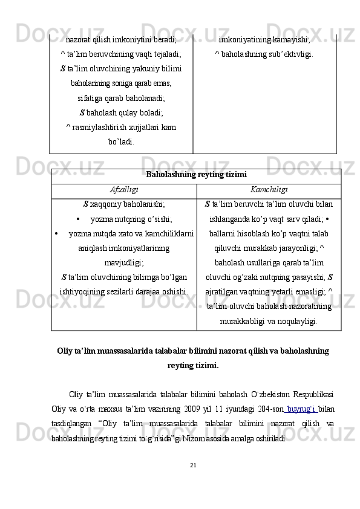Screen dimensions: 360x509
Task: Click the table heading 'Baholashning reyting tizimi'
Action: tap(195, 176)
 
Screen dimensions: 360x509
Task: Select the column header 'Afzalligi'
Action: tap(123, 190)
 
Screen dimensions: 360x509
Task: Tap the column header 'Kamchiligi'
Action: tap(269, 190)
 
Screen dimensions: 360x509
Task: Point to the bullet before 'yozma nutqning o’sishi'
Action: tap(79, 219)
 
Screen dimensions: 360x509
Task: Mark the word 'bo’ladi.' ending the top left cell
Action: tap(121, 141)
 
